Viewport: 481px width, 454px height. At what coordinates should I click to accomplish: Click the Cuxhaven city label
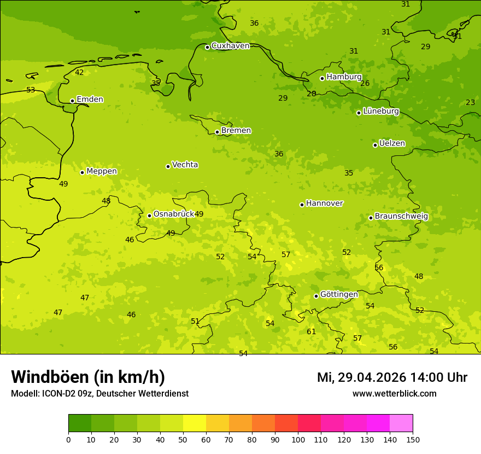coord(230,46)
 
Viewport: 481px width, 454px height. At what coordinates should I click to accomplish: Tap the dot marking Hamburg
coord(322,78)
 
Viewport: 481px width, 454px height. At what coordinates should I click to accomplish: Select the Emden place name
coord(90,100)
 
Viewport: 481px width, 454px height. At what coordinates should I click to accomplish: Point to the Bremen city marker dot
coord(217,132)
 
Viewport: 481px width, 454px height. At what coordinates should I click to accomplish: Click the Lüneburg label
coord(381,111)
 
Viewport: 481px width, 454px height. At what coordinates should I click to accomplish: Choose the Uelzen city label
coord(392,143)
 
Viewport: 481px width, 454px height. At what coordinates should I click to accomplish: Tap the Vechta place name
coord(185,165)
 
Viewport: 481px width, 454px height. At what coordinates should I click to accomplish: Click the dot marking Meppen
coord(82,172)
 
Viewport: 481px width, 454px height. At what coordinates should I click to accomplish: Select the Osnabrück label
coord(173,214)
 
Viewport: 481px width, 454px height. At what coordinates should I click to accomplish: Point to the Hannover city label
coord(324,203)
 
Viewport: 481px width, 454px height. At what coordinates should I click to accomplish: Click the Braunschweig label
coord(401,217)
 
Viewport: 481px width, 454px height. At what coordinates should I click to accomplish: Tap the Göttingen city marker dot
coord(316,296)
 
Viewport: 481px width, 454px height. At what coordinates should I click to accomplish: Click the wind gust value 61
coord(311,332)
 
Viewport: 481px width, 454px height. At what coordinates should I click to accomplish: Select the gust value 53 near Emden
coord(31,90)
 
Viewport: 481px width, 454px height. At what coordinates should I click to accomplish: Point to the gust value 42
coord(79,73)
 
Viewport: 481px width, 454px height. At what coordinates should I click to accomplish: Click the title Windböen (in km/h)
coord(88,377)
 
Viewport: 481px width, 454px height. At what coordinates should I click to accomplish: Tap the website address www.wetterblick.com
coord(394,393)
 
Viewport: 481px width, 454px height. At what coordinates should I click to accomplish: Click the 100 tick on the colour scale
coord(298,439)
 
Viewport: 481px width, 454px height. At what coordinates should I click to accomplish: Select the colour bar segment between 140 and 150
coord(401,423)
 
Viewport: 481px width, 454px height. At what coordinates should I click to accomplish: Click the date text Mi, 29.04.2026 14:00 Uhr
coord(392,377)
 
